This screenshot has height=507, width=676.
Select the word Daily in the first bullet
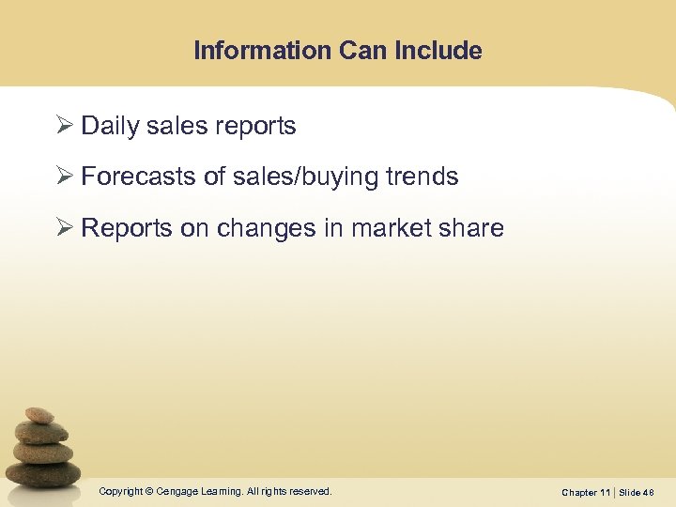point(110,127)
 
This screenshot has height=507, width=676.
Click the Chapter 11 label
point(585,493)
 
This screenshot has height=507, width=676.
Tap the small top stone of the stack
point(39,414)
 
